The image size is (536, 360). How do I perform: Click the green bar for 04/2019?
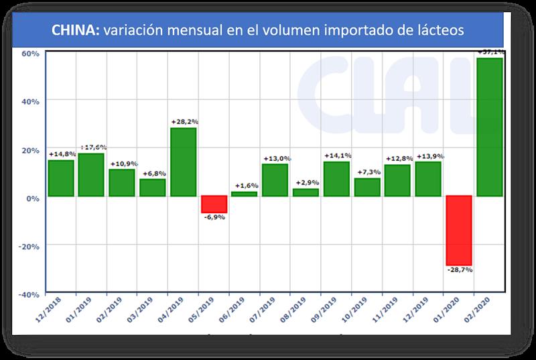coord(184,162)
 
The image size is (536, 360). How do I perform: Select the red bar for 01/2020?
coord(459,230)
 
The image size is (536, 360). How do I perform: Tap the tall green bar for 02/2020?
coord(490,127)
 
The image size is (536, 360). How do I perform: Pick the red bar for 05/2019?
coord(214,204)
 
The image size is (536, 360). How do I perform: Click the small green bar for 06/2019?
coord(245,194)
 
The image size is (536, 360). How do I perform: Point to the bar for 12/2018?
coord(61,178)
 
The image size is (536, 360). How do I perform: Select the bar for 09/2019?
coord(336,179)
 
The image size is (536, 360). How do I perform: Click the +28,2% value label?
coord(184,121)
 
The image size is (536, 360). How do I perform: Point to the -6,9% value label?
coord(214,218)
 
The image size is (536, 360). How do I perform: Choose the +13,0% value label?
coord(275,158)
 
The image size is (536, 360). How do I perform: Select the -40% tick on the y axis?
coord(30,294)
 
